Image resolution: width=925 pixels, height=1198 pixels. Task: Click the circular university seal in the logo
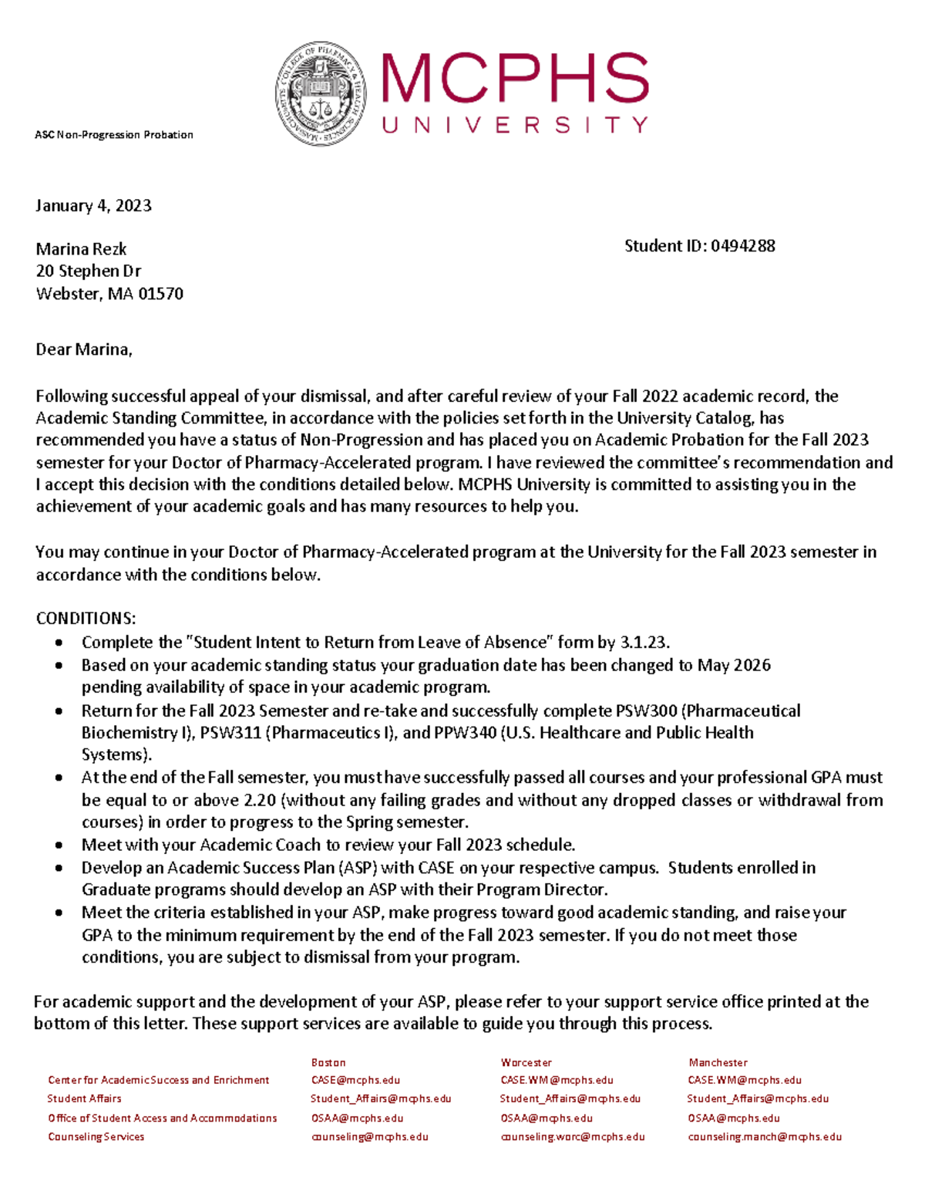pos(321,94)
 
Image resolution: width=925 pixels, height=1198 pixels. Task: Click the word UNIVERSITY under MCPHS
pos(515,125)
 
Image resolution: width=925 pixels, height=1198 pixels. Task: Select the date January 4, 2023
pos(93,205)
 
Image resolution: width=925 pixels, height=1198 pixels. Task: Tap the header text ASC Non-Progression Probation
pos(114,135)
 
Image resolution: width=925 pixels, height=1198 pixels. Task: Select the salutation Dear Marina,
pos(84,349)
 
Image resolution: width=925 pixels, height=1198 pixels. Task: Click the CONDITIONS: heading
pos(86,619)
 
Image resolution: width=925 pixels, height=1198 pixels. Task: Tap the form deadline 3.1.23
pos(644,643)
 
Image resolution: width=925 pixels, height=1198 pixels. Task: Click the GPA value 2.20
pos(261,800)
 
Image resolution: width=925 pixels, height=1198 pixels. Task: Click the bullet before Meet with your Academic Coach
pos(59,845)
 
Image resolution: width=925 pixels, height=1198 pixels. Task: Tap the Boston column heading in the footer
pos(328,1062)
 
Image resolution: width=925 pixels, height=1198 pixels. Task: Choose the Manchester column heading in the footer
pos(718,1062)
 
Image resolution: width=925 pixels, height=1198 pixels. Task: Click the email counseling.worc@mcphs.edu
pos(572,1136)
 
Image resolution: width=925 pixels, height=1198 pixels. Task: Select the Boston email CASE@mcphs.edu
pos(355,1080)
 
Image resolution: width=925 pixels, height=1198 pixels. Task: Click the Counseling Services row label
pos(96,1136)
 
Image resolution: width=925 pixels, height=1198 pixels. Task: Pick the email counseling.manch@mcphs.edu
pos(764,1136)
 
